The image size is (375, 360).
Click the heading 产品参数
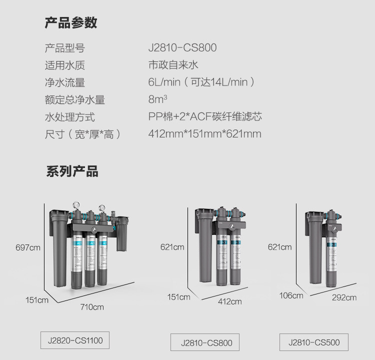(x=71, y=23)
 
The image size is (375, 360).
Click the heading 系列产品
(x=72, y=171)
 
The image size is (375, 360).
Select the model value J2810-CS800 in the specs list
(x=182, y=47)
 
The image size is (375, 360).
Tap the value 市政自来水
(x=173, y=65)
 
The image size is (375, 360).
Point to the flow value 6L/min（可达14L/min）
(x=202, y=82)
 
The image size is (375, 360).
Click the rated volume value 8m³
(x=157, y=99)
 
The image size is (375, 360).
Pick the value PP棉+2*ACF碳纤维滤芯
(x=205, y=116)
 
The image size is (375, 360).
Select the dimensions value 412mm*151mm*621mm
(x=204, y=133)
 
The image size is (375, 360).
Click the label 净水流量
(x=65, y=82)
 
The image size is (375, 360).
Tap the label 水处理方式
(x=70, y=117)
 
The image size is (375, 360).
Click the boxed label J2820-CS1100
(x=75, y=340)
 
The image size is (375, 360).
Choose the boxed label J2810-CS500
(x=314, y=342)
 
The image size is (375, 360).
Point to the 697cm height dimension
(x=28, y=247)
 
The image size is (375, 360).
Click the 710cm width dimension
(x=92, y=307)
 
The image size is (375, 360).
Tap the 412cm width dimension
(x=230, y=301)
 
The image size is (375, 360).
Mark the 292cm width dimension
(x=344, y=297)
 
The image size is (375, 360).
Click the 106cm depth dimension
(x=291, y=295)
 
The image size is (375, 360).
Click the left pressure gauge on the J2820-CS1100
(x=76, y=205)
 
